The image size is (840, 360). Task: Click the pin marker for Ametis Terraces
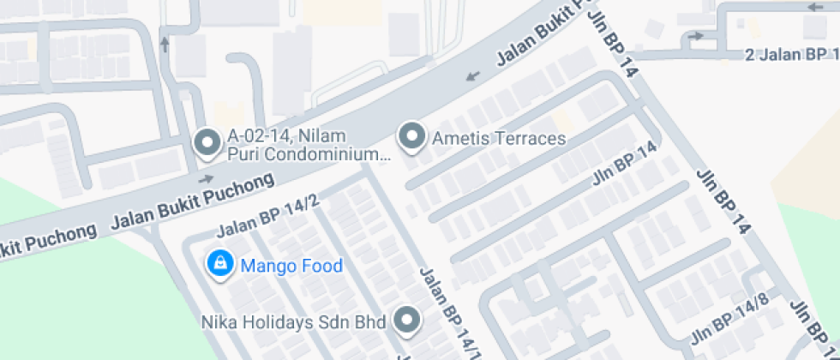click(x=414, y=136)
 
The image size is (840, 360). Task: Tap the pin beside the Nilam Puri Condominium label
click(x=207, y=143)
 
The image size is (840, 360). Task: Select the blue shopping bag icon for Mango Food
click(x=220, y=264)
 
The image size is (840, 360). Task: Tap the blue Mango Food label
click(x=291, y=266)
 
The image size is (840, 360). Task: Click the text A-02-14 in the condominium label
click(x=261, y=135)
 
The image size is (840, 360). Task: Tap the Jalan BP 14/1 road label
click(x=447, y=312)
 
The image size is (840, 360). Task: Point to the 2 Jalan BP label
click(x=789, y=56)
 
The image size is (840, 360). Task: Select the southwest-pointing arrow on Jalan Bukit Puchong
click(x=471, y=76)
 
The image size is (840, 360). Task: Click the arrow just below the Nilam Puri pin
click(x=206, y=179)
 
